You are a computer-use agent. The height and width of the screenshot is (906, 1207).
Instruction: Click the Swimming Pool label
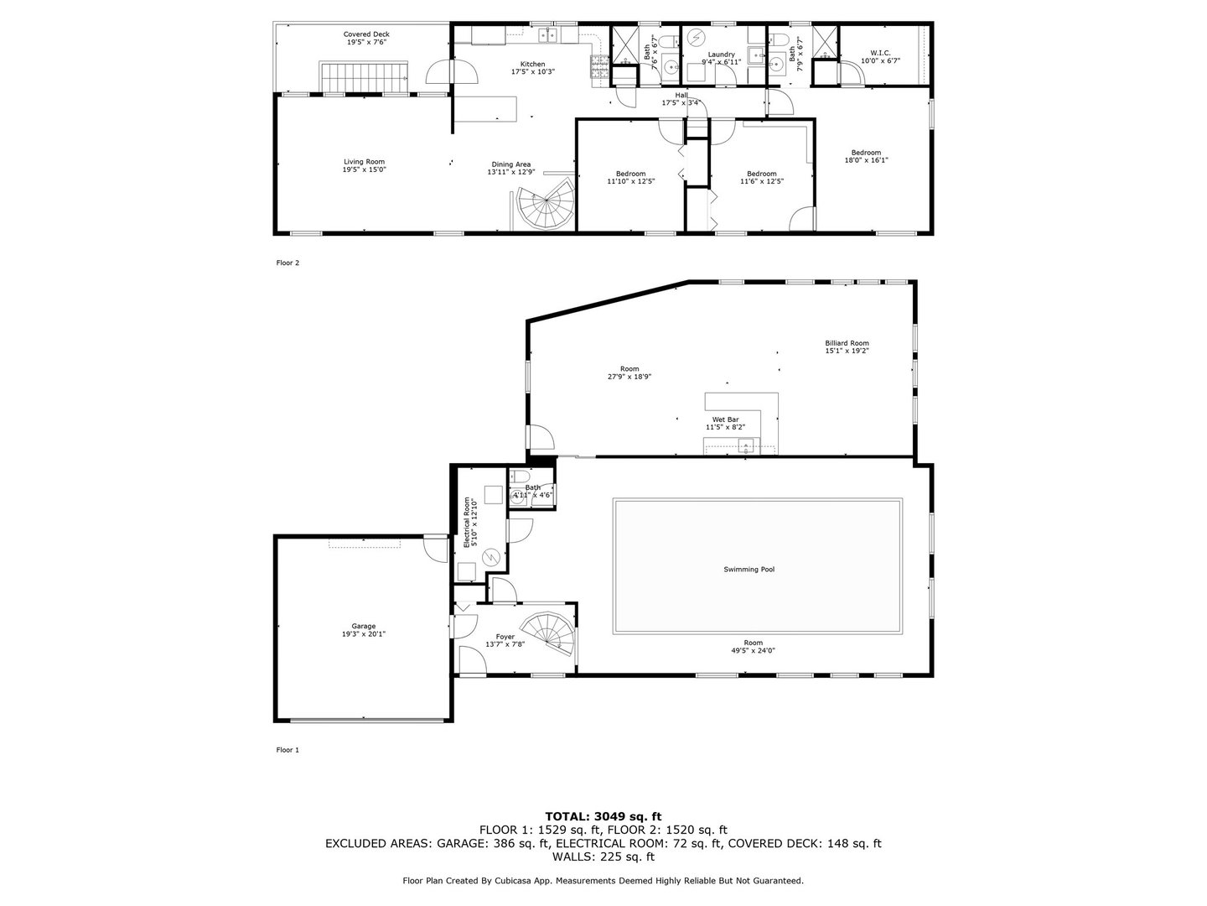(749, 570)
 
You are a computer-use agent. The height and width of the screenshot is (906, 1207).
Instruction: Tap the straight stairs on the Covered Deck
(364, 76)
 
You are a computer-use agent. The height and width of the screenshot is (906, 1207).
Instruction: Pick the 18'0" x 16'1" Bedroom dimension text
(866, 160)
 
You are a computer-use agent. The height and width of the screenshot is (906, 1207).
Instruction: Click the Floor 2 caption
(288, 263)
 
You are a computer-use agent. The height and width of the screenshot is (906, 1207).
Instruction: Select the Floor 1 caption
(288, 750)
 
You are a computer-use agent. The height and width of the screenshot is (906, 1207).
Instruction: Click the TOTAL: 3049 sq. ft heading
(603, 816)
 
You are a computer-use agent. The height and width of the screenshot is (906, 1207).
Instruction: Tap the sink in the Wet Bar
(746, 445)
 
